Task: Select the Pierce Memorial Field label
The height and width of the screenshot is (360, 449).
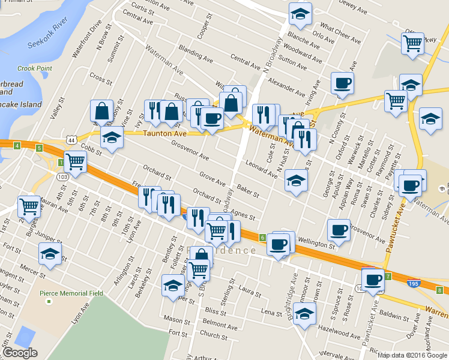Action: pos(71,293)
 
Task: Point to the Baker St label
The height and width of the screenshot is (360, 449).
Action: pos(248,191)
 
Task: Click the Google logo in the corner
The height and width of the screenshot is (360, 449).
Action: pos(20,353)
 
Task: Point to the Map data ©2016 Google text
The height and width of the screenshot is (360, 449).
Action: pos(412,355)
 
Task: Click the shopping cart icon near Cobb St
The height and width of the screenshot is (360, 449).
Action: pos(74,161)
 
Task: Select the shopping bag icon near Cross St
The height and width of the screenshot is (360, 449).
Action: pos(102,110)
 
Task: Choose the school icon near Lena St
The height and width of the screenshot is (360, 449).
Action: pos(304,314)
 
